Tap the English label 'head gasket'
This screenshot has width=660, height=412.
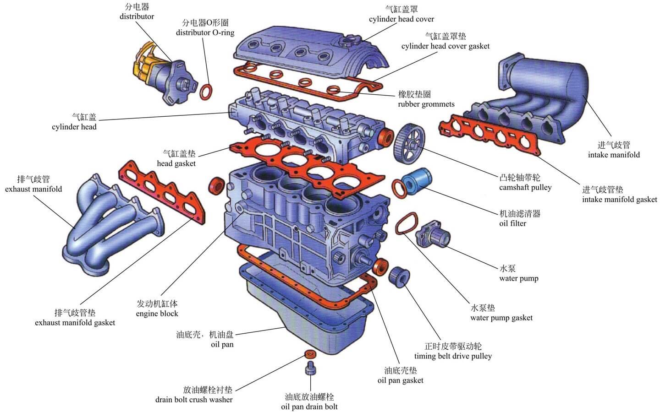tap(176, 164)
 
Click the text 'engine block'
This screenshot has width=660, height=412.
tap(157, 314)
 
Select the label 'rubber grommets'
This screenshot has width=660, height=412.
tap(426, 104)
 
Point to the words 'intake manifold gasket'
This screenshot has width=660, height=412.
tap(619, 200)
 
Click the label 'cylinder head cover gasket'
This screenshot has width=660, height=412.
tap(445, 46)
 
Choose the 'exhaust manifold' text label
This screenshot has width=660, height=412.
tap(33, 189)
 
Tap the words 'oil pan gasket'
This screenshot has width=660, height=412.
tap(400, 380)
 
